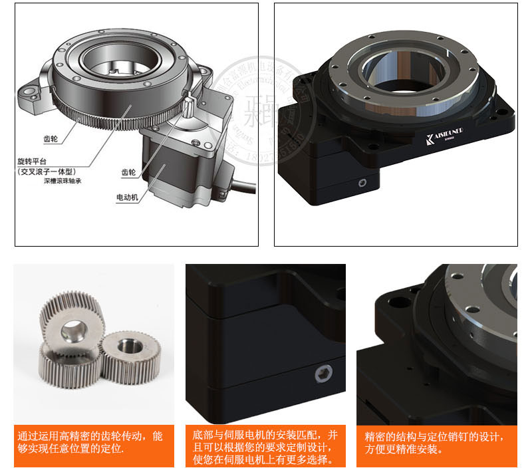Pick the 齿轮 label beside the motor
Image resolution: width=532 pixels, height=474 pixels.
pos(128,172)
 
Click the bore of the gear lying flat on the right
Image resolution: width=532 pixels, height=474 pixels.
pos(123,348)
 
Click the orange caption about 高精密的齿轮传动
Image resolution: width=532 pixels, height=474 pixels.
pos(92,442)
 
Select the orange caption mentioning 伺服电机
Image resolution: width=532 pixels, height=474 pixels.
pos(265,447)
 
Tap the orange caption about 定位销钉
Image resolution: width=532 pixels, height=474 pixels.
pos(436,442)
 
